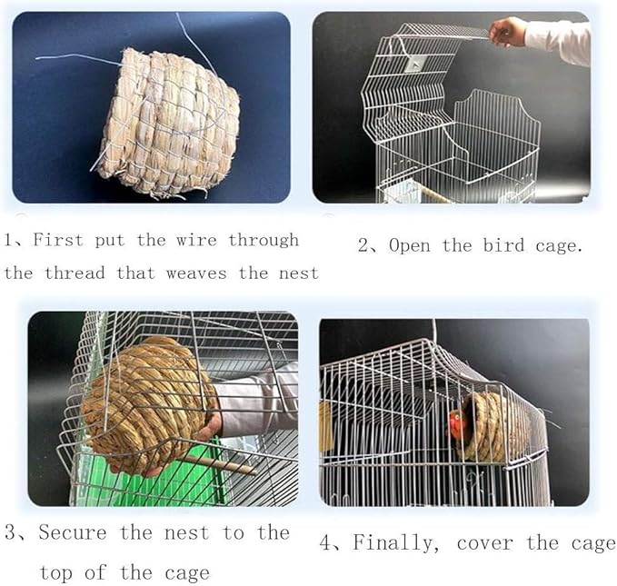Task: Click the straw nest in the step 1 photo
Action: click(x=168, y=123)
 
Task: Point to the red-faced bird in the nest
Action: click(x=457, y=422)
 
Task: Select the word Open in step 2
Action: click(x=410, y=246)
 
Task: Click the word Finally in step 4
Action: click(x=396, y=543)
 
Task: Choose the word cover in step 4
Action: click(x=485, y=543)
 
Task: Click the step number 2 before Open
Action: click(x=363, y=246)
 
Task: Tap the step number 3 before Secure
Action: click(x=10, y=532)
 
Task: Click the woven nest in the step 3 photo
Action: click(x=145, y=400)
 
